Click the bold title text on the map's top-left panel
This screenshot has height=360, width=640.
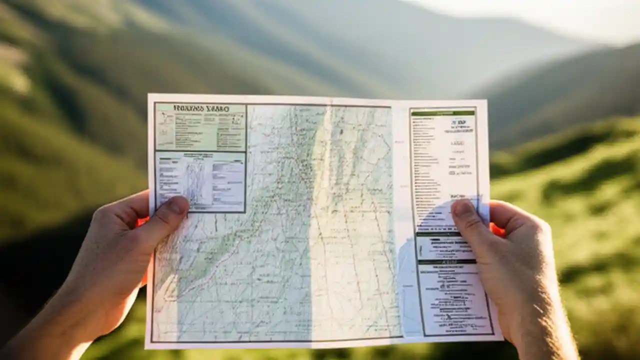pos(200,108)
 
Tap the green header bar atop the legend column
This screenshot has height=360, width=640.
pos(442,113)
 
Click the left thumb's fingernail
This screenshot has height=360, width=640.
pos(177,205)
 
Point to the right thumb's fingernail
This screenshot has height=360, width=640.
pos(463,209)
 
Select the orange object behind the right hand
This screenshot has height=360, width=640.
pos(497,230)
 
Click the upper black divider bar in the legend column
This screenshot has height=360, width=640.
pos(439,234)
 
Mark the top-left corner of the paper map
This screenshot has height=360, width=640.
pos(148,94)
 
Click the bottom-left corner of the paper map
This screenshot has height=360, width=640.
pos(146,347)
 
